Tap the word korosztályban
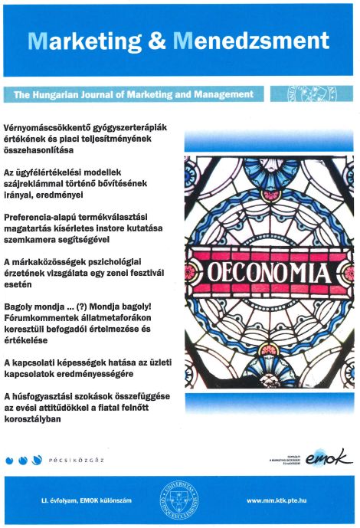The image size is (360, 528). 31,418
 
